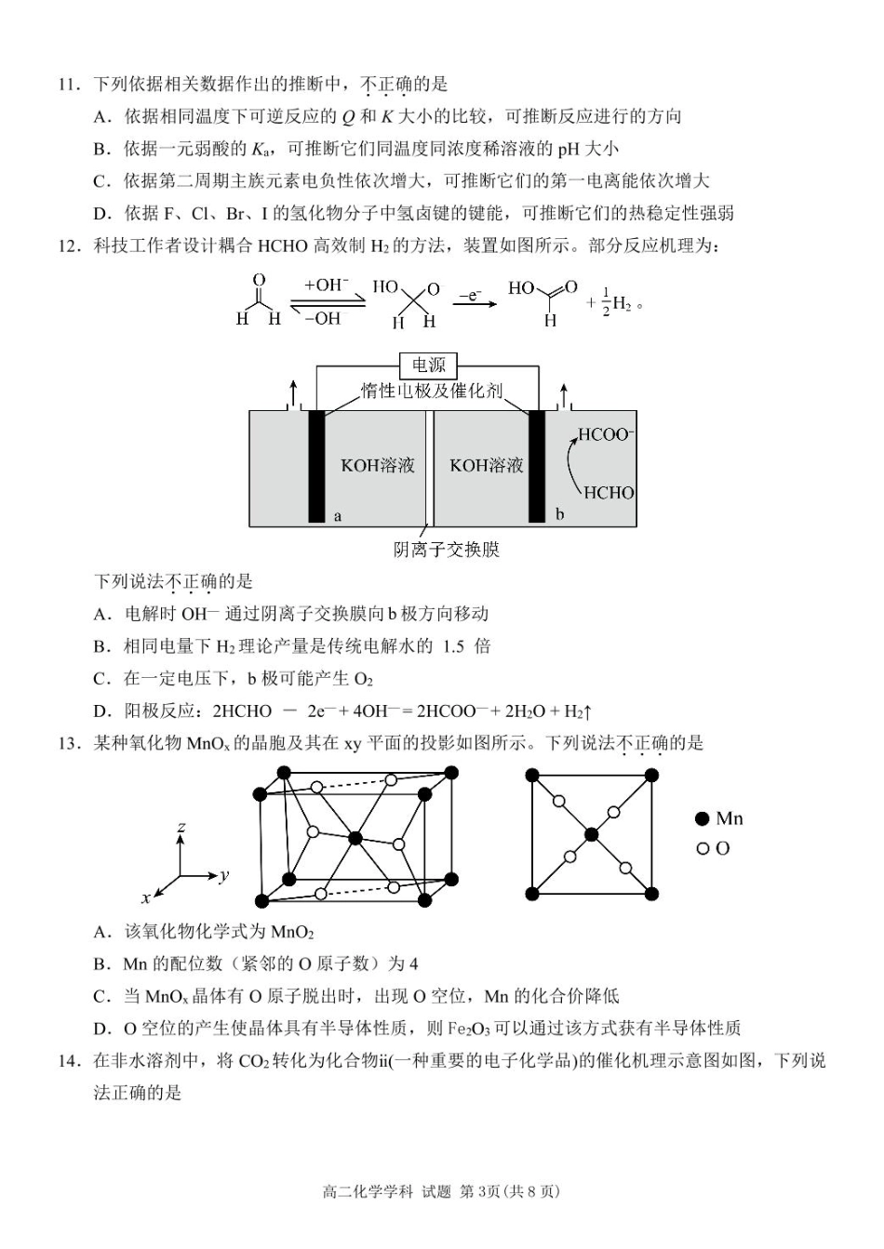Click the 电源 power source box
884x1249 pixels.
[429, 365]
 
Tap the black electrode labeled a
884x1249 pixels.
[317, 465]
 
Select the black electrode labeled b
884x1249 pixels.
[537, 465]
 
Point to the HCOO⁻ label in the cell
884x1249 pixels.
[606, 434]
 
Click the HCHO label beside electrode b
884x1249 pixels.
[609, 493]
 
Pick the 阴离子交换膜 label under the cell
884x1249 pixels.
[447, 550]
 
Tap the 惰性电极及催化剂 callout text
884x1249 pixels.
[433, 391]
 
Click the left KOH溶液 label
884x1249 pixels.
[377, 465]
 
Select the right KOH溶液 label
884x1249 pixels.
[487, 465]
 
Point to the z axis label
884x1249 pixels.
[181, 826]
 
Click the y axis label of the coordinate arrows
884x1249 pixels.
[224, 875]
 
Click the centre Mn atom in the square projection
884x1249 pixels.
[591, 834]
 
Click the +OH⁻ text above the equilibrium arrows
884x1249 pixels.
[326, 286]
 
